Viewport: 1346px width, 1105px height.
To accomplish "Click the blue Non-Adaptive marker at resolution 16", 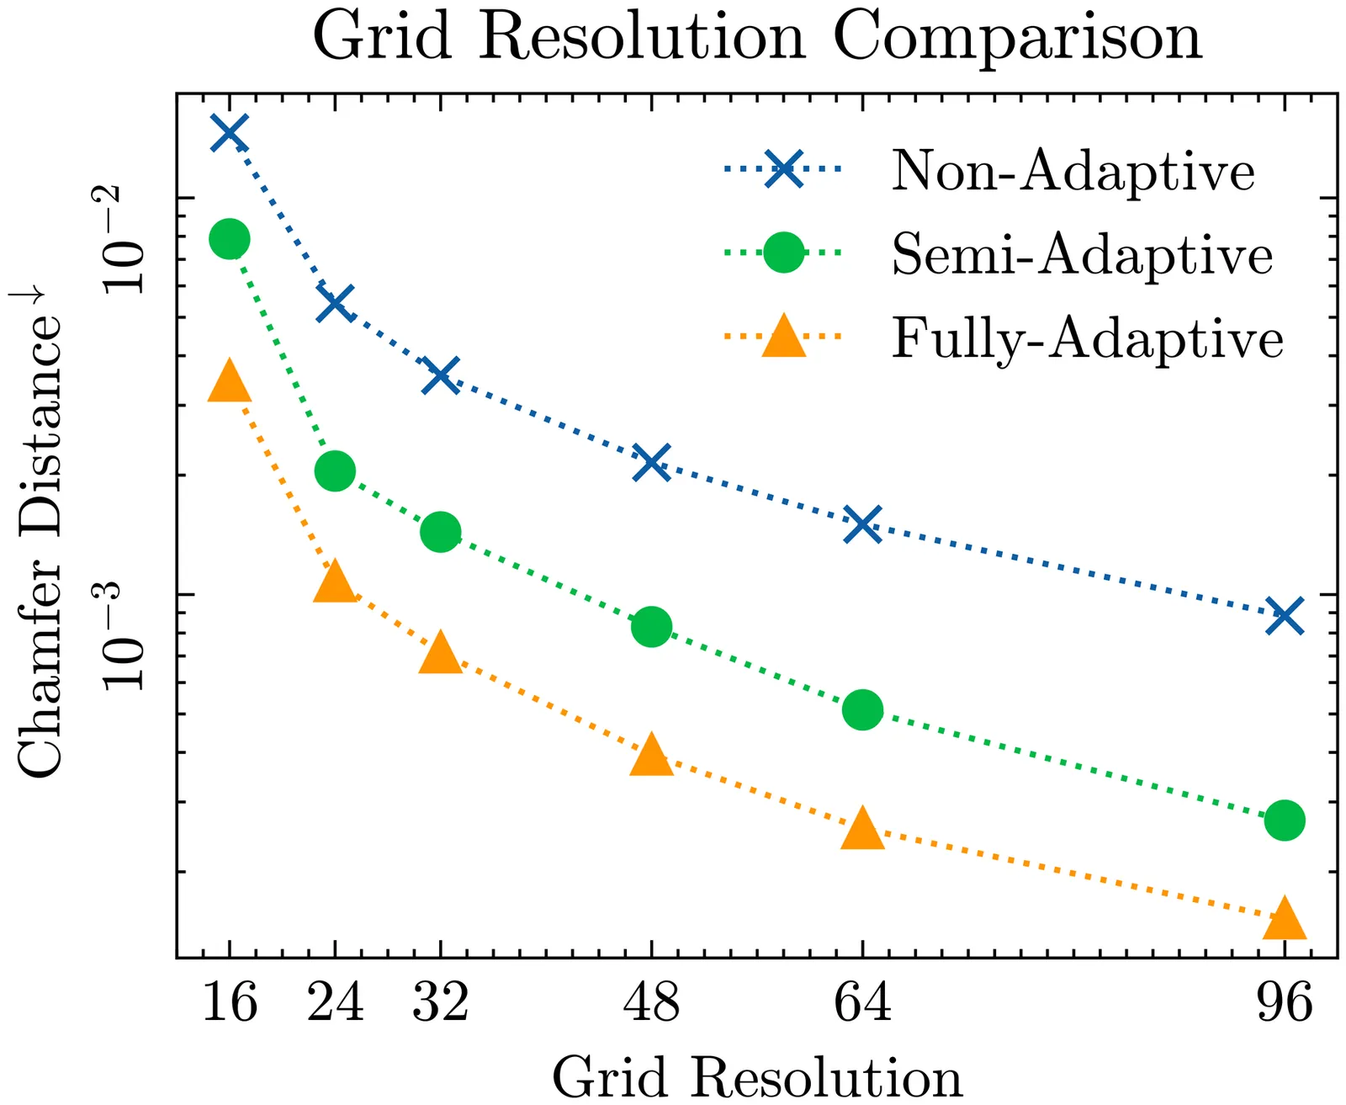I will [229, 133].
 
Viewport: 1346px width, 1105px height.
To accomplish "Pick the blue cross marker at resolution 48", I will [651, 462].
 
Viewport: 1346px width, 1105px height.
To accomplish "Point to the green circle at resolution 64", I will [862, 709].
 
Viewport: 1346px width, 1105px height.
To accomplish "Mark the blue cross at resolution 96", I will [1285, 616].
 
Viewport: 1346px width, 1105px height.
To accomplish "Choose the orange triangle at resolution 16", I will [229, 381].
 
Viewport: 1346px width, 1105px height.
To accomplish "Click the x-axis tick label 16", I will [229, 1002].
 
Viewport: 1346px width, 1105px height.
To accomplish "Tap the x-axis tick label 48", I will [651, 1002].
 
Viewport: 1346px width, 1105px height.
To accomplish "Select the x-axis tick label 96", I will [1285, 1002].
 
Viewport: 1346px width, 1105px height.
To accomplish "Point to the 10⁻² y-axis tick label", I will [124, 240].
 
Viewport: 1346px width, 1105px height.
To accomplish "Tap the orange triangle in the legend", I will [783, 337].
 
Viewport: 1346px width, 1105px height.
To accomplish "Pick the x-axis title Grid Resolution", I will [757, 1076].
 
